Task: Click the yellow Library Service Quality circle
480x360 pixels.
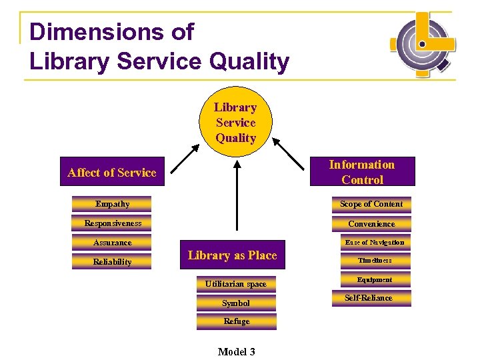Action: tap(235, 122)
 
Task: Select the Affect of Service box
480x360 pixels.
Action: tap(112, 173)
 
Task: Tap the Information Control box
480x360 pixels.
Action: tap(362, 172)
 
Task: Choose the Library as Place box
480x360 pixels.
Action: tap(232, 255)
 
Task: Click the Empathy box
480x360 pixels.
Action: tap(112, 204)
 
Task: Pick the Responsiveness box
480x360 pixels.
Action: tap(112, 223)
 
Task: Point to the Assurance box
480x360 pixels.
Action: tap(112, 243)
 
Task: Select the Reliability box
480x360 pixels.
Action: tap(112, 262)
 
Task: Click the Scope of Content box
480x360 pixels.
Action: tap(371, 204)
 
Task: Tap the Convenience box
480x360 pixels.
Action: tap(371, 224)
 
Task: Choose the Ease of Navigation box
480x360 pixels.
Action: tap(374, 243)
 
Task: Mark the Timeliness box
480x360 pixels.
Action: tap(374, 261)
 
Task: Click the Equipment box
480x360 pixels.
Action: tap(374, 280)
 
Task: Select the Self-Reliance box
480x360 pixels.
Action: tap(369, 298)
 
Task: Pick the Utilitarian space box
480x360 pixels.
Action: tap(236, 284)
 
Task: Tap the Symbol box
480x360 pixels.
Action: tap(236, 303)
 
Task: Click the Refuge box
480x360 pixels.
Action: tap(236, 321)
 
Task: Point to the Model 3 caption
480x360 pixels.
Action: tap(236, 351)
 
